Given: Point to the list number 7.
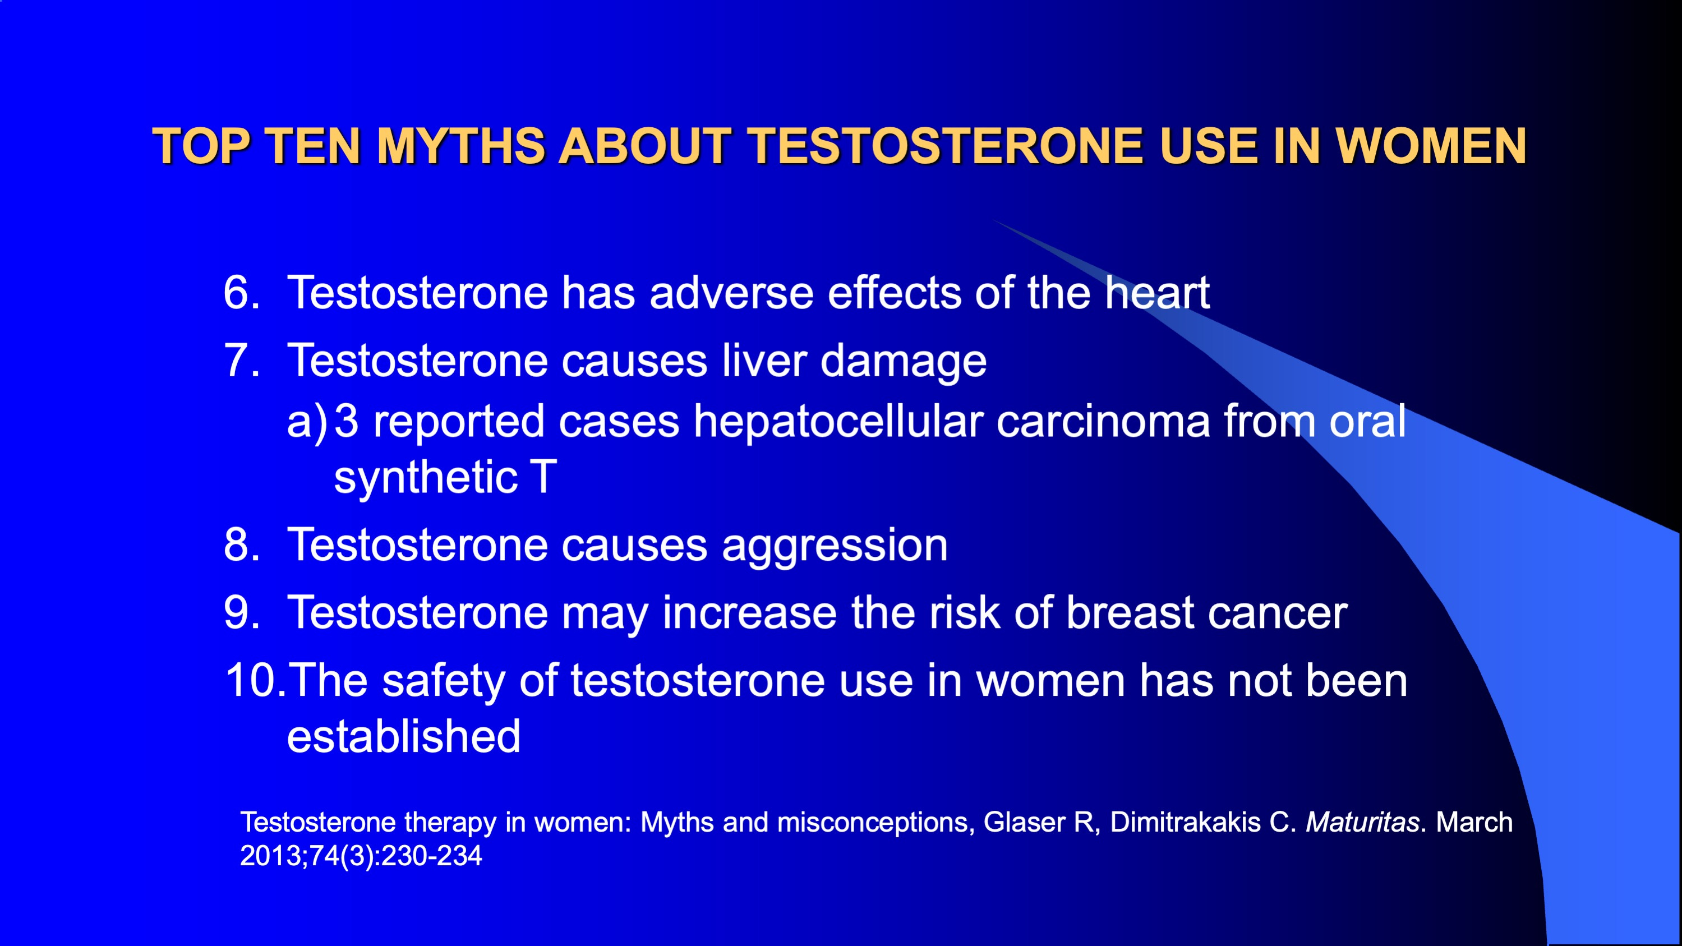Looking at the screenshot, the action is pyautogui.click(x=242, y=361).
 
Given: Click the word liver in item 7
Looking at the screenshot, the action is pyautogui.click(x=764, y=361).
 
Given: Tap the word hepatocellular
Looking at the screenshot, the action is pyautogui.click(x=838, y=422).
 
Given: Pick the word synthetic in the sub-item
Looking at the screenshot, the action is pyautogui.click(x=426, y=477).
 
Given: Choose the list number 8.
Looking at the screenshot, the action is pyautogui.click(x=242, y=544).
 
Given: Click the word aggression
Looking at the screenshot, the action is pyautogui.click(x=835, y=546).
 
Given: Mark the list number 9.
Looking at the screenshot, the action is pyautogui.click(x=242, y=613).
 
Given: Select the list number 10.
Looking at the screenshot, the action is pyautogui.click(x=255, y=680).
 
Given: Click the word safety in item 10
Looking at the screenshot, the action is pyautogui.click(x=443, y=681).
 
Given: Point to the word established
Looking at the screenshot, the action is pyautogui.click(x=403, y=736).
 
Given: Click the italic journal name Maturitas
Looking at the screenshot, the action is pyautogui.click(x=1362, y=822).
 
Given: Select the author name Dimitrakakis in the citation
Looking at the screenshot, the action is pyautogui.click(x=1185, y=822).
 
